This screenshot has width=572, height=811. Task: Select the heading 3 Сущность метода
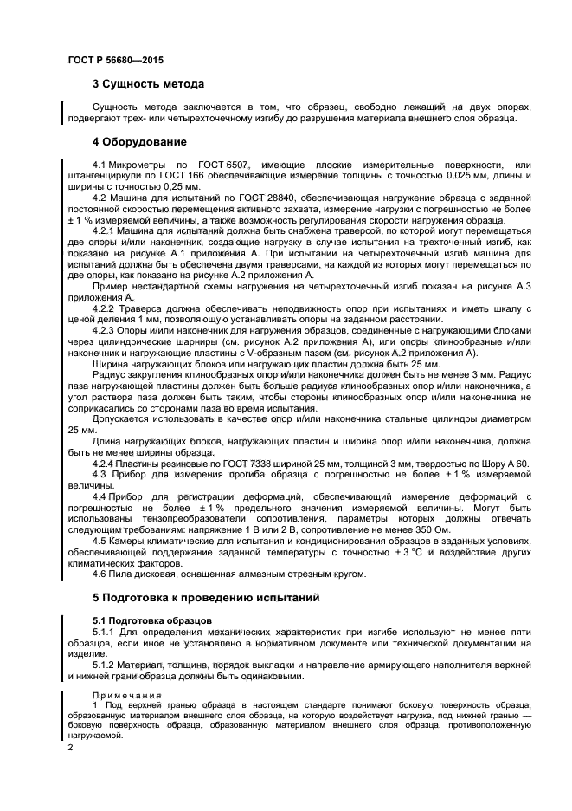[x=148, y=84]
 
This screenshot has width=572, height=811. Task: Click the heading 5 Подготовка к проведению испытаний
[x=206, y=597]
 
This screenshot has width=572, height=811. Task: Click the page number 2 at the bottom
[x=69, y=744]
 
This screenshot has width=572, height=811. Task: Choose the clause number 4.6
[x=101, y=574]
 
